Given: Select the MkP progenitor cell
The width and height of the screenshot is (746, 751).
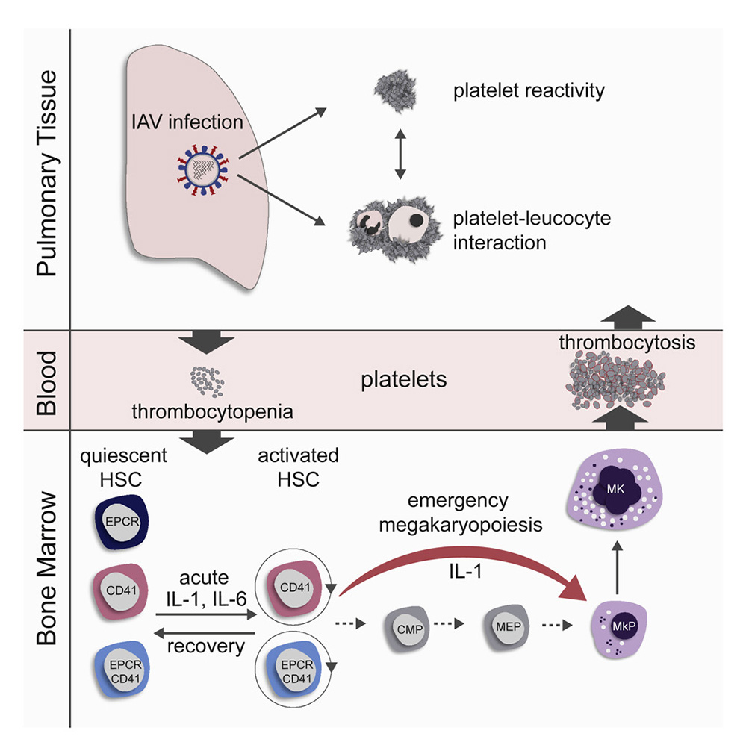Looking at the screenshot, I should [615, 625].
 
